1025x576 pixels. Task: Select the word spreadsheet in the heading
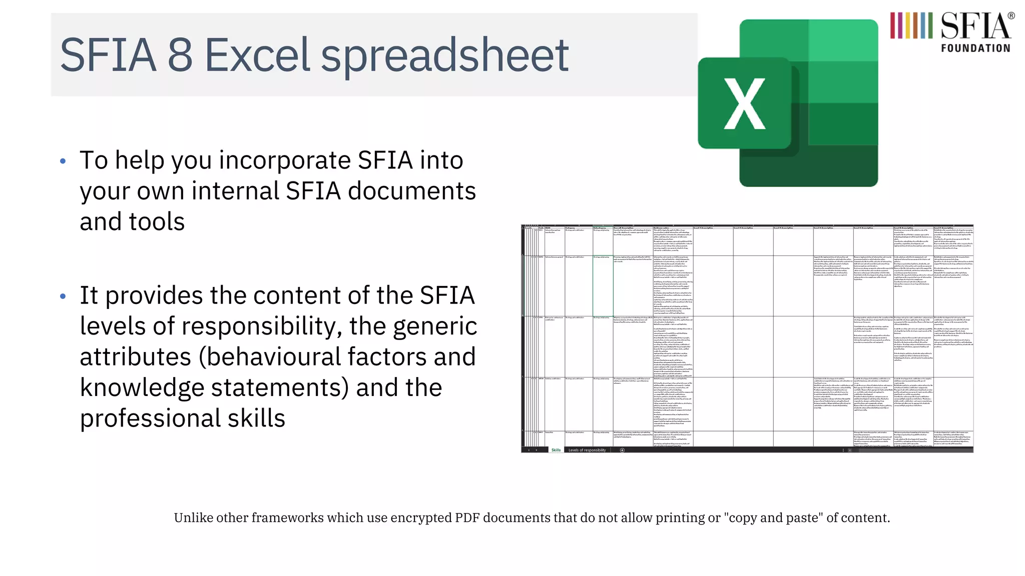(x=444, y=56)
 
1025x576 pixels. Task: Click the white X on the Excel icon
(x=745, y=104)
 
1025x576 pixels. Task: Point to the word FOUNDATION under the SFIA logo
(x=975, y=48)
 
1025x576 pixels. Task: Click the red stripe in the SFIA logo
(x=893, y=25)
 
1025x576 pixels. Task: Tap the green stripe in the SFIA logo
(x=930, y=25)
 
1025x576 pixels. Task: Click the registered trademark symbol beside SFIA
(x=1011, y=16)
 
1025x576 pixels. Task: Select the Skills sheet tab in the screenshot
(x=556, y=450)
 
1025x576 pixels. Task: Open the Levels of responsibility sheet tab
(x=587, y=450)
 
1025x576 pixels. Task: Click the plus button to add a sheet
(x=622, y=450)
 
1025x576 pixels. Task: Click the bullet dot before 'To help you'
(x=63, y=161)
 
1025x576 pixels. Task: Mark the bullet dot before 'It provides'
(x=63, y=296)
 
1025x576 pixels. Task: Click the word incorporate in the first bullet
(x=285, y=161)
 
